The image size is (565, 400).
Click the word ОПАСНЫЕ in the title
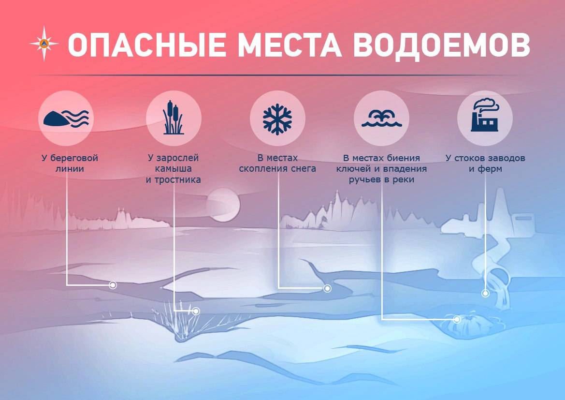coord(146,44)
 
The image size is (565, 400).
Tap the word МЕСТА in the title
coord(290,44)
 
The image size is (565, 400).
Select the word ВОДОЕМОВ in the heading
coord(441,44)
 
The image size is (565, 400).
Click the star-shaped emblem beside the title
coord(44,44)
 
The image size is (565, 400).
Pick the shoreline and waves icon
coord(66,118)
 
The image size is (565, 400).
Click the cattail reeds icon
coord(174,118)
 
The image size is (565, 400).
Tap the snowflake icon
coord(277,119)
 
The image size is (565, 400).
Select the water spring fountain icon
coord(382,119)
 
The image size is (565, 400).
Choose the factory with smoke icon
coord(485,115)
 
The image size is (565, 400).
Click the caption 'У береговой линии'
coord(70,163)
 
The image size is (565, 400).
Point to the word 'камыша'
coord(174,168)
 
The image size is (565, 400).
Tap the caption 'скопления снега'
coord(277,168)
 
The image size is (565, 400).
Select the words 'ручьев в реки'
coord(382,179)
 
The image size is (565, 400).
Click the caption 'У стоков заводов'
coord(485,158)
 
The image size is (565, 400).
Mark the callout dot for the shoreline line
coord(113,285)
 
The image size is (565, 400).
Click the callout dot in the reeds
coord(196,311)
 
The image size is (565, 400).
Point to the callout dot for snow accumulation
coord(327,288)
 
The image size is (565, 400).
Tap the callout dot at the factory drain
coord(485,293)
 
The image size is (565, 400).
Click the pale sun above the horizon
coord(223,205)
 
